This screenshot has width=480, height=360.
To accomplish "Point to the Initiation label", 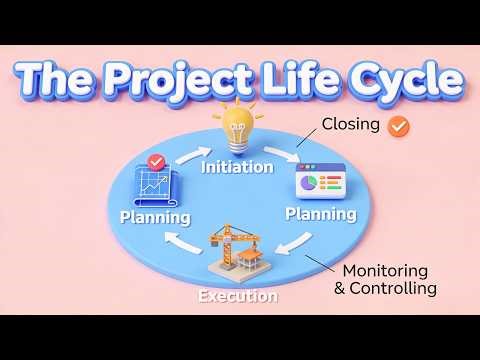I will point(237,167).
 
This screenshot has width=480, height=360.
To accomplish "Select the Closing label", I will point(350,126).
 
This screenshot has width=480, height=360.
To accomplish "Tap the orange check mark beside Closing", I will point(399,127).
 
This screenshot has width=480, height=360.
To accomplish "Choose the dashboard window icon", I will point(318,183).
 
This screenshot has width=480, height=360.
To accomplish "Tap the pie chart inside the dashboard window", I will point(309,184).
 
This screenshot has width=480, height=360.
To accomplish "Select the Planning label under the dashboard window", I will point(321,214).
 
